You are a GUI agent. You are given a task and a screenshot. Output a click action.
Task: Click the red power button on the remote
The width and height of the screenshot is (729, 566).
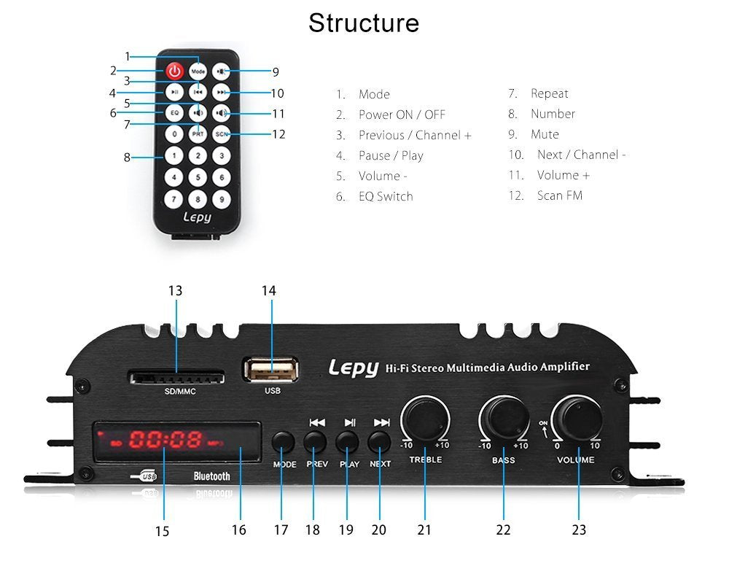174,71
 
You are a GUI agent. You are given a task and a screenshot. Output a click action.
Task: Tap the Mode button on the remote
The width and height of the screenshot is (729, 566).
198,71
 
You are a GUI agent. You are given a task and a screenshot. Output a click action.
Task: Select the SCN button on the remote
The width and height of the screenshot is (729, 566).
222,134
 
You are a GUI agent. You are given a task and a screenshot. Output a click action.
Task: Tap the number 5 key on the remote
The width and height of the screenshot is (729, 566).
198,176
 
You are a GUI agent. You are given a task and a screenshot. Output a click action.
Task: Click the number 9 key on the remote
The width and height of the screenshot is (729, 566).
222,198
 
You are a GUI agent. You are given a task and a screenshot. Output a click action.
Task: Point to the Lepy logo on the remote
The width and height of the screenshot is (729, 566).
197,217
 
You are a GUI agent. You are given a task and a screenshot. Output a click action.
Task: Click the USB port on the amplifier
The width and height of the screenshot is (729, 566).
271,370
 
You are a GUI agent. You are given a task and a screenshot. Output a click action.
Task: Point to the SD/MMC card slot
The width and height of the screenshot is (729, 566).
176,377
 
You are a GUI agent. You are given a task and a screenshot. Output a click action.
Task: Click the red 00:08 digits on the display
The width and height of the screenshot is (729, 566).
165,440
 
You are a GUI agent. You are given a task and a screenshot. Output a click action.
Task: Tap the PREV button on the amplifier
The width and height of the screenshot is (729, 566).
315,441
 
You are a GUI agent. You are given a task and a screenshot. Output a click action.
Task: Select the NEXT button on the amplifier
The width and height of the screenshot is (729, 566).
379,441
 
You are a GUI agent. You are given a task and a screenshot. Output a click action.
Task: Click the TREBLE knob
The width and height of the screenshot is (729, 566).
425,419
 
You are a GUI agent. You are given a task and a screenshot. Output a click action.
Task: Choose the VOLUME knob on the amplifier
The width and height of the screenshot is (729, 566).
578,419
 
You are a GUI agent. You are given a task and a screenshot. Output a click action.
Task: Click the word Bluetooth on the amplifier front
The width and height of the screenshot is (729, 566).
211,476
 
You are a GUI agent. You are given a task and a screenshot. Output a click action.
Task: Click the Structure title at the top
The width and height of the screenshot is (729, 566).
364,23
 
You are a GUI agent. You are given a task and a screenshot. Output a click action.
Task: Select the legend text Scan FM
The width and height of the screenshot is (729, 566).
559,195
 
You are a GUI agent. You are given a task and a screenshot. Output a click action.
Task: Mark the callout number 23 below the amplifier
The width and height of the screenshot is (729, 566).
578,530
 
